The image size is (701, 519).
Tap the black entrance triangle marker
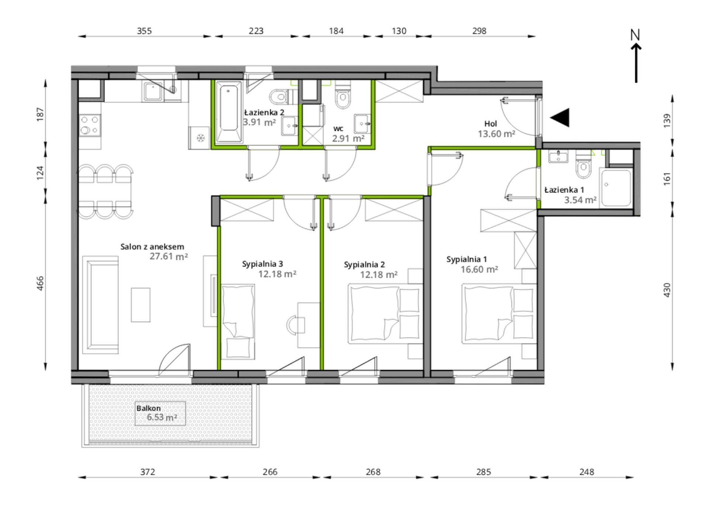point(560,118)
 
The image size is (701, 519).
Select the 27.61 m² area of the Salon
point(169,256)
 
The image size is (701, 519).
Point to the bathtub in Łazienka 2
point(229,111)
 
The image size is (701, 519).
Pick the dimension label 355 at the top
point(144,31)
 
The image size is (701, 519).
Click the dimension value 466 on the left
point(40,283)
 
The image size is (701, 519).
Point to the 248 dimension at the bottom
point(587,472)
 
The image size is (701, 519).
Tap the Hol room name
point(491,124)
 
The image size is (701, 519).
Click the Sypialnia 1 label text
point(467,259)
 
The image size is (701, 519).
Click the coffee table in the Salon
point(141,305)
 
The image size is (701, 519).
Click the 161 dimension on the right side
point(667,179)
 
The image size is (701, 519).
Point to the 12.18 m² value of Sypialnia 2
point(379,275)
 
